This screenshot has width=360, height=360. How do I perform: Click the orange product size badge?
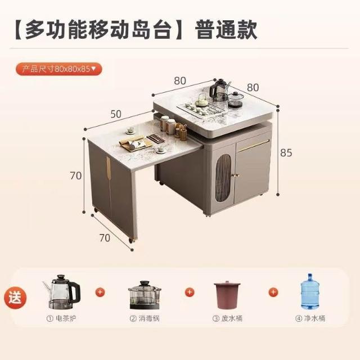click(x=58, y=69)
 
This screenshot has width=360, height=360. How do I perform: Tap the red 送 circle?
click(x=15, y=298)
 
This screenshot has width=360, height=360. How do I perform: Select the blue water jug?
click(x=310, y=291)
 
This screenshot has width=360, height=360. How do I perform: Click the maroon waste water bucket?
click(x=227, y=295)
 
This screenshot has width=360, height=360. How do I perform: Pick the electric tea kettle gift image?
click(x=61, y=291)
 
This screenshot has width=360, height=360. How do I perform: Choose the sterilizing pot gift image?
click(x=145, y=295)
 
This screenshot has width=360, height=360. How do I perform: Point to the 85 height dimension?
click(x=286, y=152)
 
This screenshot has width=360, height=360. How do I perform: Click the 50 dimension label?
click(x=116, y=114)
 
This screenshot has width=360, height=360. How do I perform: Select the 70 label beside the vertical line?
click(x=76, y=175)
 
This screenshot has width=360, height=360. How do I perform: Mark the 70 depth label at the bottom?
click(x=105, y=238)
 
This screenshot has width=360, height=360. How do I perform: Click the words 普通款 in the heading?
click(x=226, y=30)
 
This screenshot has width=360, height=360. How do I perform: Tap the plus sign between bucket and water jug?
click(x=273, y=292)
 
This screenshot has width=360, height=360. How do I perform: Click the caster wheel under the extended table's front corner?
click(x=132, y=240)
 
